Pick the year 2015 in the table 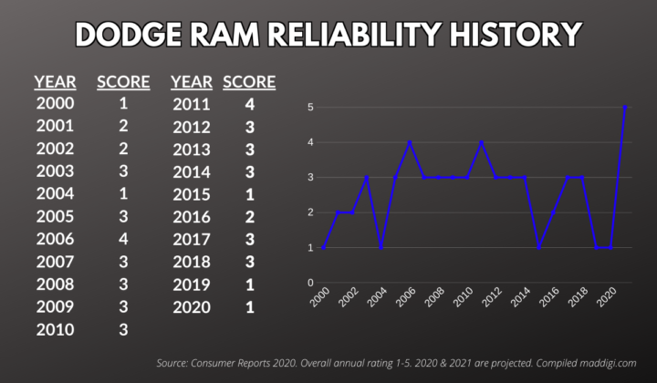point(192,195)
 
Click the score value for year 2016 point(249,218)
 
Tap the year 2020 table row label point(192,307)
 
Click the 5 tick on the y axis point(309,108)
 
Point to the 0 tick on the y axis point(309,283)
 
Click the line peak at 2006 point(410,142)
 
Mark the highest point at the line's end point(625,107)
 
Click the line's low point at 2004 point(381,247)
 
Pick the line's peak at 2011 point(482,142)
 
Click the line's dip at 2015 point(539,247)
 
